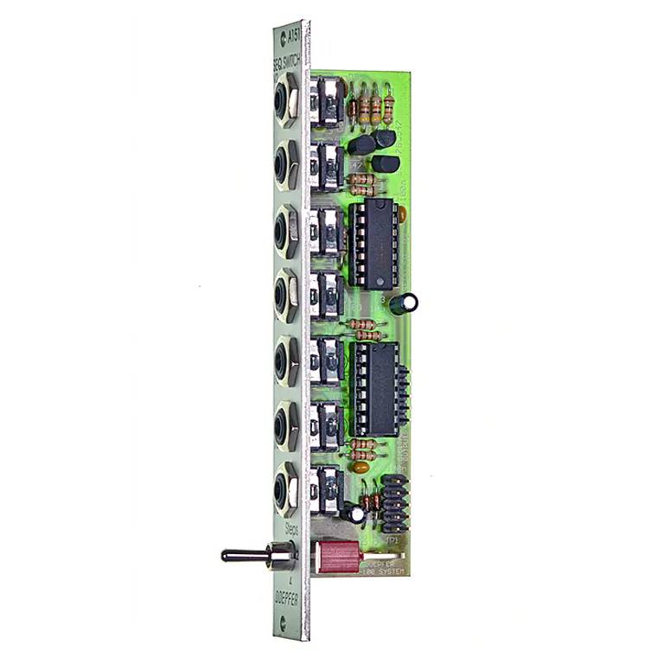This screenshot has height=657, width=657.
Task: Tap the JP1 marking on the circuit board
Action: pos(391,539)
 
